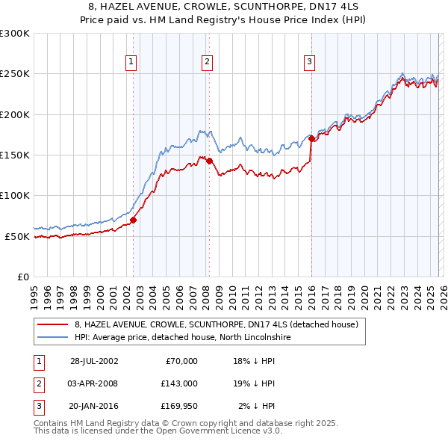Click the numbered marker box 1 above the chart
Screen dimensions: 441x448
pyautogui.click(x=131, y=62)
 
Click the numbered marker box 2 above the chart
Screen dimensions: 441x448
pyautogui.click(x=207, y=62)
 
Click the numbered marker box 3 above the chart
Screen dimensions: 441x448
pyautogui.click(x=309, y=62)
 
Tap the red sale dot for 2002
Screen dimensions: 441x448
pyautogui.click(x=134, y=220)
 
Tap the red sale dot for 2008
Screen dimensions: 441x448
pyautogui.click(x=210, y=161)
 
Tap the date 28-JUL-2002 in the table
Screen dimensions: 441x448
pyautogui.click(x=94, y=361)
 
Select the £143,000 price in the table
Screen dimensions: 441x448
pyautogui.click(x=179, y=383)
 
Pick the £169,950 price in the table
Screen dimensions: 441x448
pyautogui.click(x=179, y=406)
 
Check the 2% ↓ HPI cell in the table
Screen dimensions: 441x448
pyautogui.click(x=256, y=406)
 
